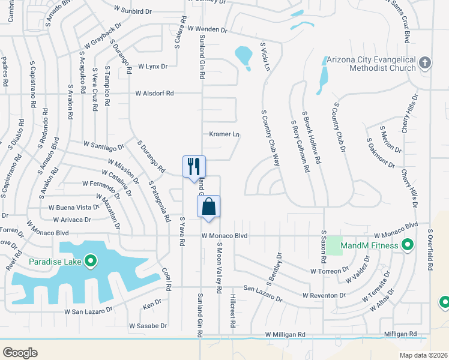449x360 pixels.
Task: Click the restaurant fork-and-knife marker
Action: [194, 166]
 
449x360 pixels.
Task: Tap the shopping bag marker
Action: [208, 206]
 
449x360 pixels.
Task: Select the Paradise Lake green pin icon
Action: [91, 260]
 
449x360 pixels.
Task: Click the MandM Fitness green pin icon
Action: [408, 245]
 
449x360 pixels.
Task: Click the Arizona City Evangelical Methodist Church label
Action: [370, 64]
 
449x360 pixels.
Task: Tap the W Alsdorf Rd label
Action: [154, 94]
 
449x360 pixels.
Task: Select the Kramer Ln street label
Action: [224, 134]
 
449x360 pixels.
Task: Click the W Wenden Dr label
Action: [208, 29]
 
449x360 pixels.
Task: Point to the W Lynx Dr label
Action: [152, 66]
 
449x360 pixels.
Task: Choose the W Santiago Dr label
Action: [104, 145]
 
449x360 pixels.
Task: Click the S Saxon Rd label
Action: [323, 246]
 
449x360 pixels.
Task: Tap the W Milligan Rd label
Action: [286, 335]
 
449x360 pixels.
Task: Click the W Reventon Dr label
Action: [324, 296]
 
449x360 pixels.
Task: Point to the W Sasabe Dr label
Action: [148, 326]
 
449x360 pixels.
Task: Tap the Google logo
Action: [20, 353]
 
